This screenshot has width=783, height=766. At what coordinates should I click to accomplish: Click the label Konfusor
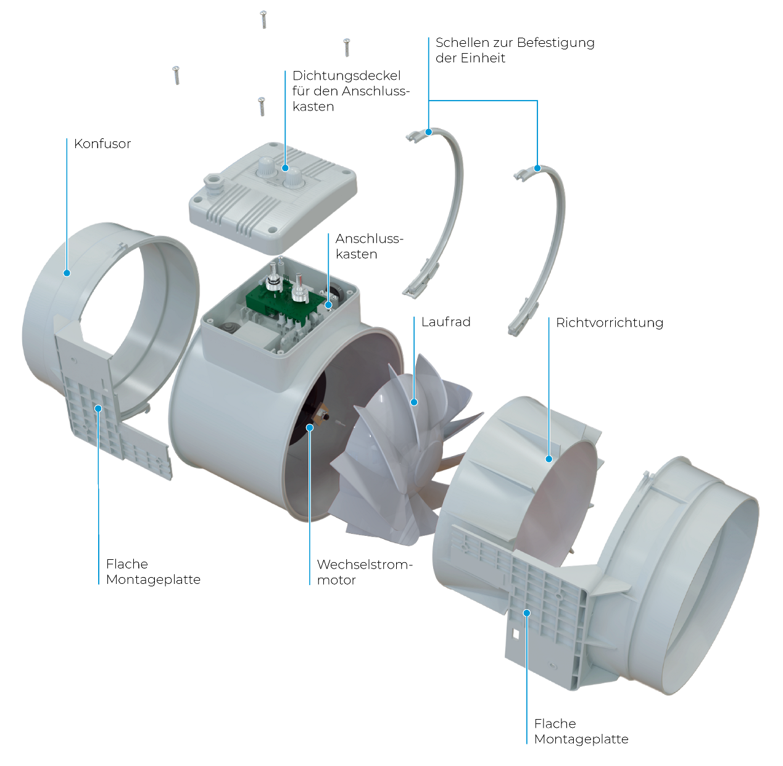[102, 144]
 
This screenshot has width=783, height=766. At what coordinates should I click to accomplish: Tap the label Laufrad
[446, 322]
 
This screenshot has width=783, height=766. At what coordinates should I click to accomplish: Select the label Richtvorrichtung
[610, 323]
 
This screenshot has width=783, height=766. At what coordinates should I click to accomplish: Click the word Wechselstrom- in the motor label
[365, 565]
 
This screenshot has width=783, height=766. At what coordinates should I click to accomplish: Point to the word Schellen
[462, 43]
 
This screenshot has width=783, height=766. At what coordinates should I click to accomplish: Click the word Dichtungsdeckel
[346, 77]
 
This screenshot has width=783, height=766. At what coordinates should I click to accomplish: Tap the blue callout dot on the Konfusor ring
[67, 273]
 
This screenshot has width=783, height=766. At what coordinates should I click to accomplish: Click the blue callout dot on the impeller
[414, 402]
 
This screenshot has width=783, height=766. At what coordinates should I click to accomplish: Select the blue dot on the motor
[310, 428]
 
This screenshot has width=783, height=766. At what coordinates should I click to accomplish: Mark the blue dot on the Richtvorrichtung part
[549, 459]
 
